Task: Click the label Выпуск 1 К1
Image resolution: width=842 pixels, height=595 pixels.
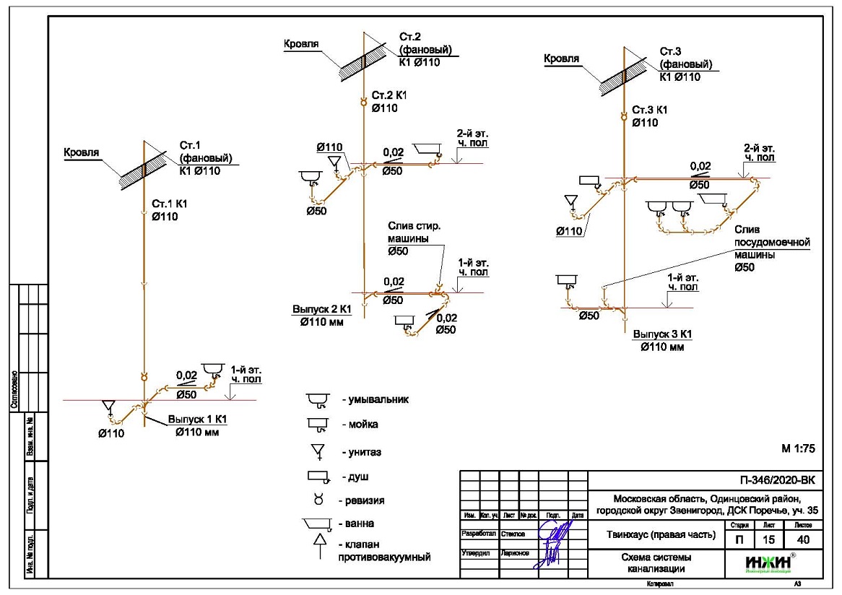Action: click(x=198, y=419)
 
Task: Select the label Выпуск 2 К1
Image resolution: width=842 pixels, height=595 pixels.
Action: click(x=321, y=309)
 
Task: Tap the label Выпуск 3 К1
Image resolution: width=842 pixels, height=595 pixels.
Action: click(x=663, y=334)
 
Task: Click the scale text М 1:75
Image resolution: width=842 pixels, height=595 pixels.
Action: click(x=798, y=448)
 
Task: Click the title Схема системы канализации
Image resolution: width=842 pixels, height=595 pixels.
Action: click(x=656, y=563)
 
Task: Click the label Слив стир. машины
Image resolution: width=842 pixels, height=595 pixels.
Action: click(x=414, y=233)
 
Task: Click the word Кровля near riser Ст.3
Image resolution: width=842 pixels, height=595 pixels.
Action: click(x=561, y=59)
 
